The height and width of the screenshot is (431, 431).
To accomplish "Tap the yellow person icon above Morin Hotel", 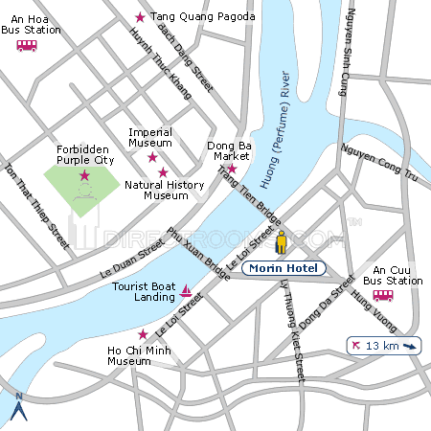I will point(282,242).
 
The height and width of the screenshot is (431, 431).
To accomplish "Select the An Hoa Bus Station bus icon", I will point(26,45).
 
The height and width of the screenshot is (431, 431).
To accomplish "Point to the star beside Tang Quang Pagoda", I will point(141,17).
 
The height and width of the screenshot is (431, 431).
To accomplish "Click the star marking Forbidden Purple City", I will point(84,175).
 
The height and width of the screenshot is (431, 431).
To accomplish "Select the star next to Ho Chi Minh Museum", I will point(143,334).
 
